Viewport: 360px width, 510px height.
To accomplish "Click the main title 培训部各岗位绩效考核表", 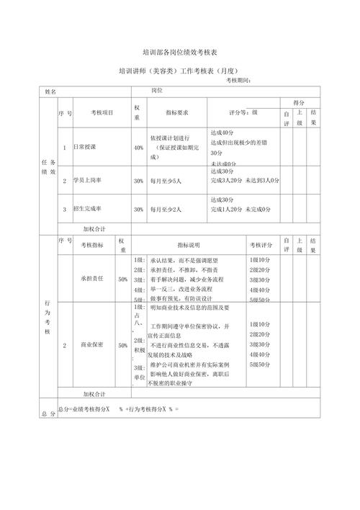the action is pyautogui.click(x=180, y=53).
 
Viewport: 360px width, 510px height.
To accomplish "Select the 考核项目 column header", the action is pyautogui.click(x=102, y=113).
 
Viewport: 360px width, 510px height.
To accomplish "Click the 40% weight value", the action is pyautogui.click(x=138, y=147).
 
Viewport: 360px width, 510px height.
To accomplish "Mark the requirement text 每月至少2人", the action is pyautogui.click(x=166, y=209).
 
